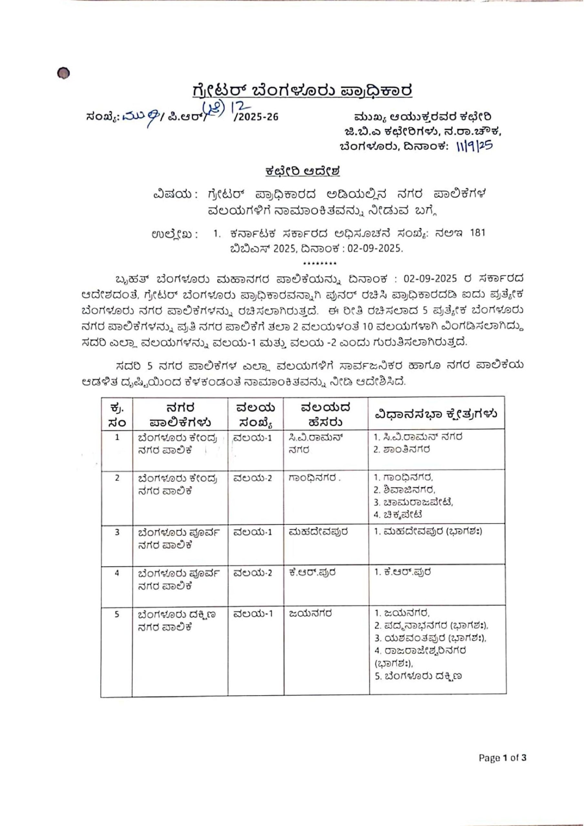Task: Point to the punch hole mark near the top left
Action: (x=63, y=73)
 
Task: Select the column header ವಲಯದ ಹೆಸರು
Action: (x=326, y=414)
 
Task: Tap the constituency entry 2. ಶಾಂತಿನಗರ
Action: (x=401, y=450)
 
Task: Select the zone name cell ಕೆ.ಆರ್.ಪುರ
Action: (x=312, y=572)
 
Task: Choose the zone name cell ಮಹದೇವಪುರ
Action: (x=318, y=532)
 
